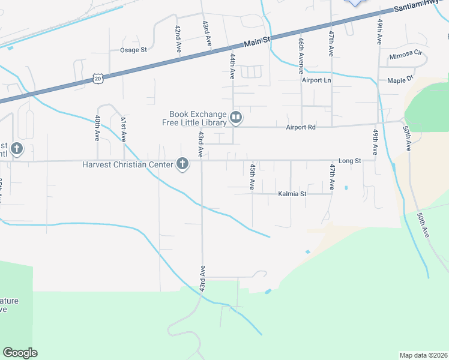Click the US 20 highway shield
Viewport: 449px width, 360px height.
98,78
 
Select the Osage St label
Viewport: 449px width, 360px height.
133,50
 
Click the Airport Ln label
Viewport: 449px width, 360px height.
316,80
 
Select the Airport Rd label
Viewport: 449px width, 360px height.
301,127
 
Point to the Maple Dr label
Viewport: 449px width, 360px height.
400,79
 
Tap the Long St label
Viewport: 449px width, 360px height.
349,161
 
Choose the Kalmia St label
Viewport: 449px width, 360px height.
292,194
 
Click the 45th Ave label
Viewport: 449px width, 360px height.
253,176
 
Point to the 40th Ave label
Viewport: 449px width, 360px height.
97,129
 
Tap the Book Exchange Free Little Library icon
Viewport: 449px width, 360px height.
236,118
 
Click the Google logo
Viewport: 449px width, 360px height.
20,353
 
